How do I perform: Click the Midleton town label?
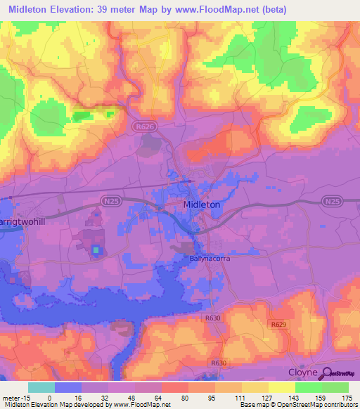tap(201, 204)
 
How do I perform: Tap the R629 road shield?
tap(279, 324)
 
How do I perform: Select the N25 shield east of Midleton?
tap(332, 201)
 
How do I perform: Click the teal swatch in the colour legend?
tap(41, 387)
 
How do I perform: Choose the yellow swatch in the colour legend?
tap(281, 387)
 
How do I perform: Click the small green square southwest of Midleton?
tap(96, 250)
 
